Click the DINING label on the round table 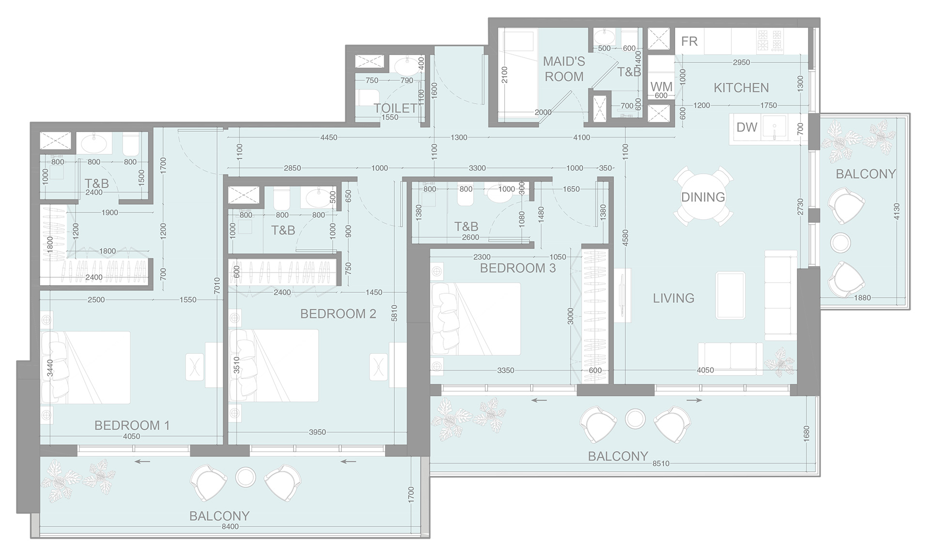pos(703,197)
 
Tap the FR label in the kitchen pos(689,42)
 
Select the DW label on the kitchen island pos(746,127)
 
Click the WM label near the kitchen pos(661,87)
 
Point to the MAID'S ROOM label pos(564,69)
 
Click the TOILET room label pos(395,108)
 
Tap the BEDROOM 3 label pos(517,268)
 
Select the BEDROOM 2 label pos(338,314)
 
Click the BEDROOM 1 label pos(132,425)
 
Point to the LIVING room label pos(673,298)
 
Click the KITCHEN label pos(741,88)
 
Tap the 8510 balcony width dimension pos(661,464)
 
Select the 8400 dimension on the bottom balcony pos(230,527)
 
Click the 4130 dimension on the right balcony pos(897,211)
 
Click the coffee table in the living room pos(730,295)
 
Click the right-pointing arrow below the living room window pos(694,400)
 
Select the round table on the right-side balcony pos(841,242)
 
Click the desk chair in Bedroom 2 pos(378,368)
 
